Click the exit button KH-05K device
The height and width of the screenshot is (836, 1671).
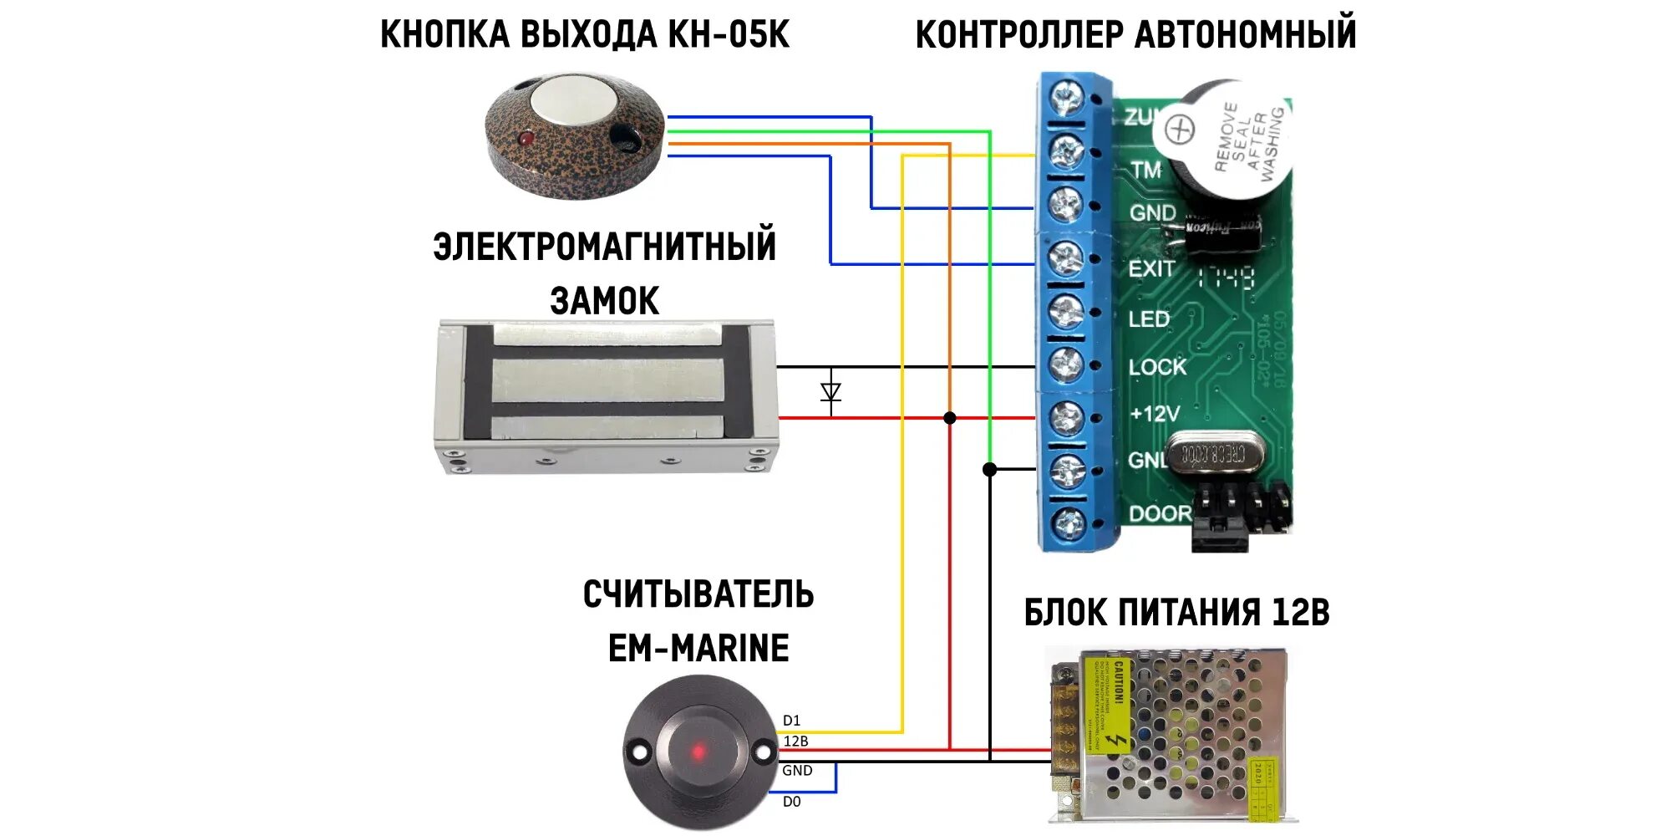tap(575, 138)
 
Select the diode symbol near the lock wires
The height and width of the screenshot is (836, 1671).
tap(830, 391)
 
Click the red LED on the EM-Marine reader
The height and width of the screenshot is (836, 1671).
tap(698, 752)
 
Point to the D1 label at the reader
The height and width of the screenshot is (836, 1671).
tap(791, 721)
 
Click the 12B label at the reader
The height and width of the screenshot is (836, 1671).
tap(795, 742)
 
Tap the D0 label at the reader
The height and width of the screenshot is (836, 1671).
tap(791, 802)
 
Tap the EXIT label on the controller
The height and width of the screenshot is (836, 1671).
tap(1151, 269)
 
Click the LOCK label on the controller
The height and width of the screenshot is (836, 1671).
tap(1157, 367)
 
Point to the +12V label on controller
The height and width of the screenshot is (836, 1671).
tap(1155, 414)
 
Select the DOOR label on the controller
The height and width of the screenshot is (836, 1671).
tap(1160, 513)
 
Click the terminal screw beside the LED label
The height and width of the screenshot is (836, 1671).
tap(1066, 312)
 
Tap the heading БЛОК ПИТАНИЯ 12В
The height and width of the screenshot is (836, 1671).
tap(1176, 613)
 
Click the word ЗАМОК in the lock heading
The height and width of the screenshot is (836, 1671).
tap(605, 301)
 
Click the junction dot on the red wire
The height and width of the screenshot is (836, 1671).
tap(950, 418)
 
